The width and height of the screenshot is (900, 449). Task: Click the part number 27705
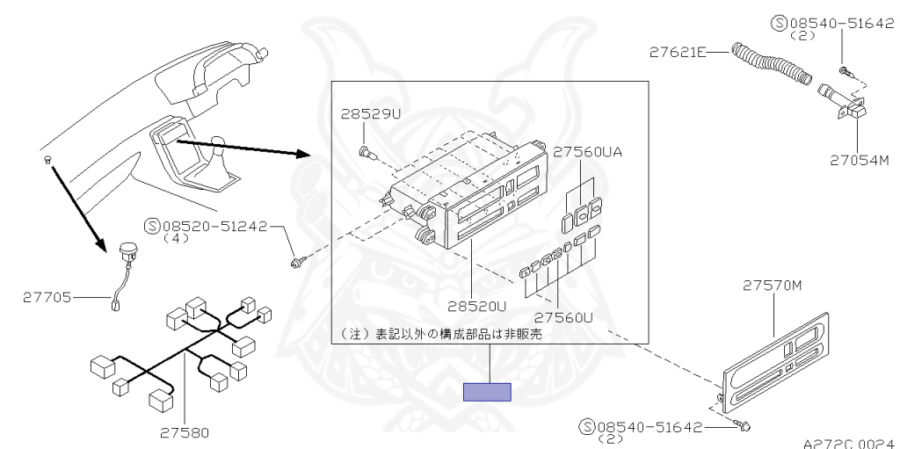(x=45, y=298)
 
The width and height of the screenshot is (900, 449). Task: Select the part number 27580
(x=185, y=431)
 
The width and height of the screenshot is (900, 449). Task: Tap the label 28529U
(x=370, y=115)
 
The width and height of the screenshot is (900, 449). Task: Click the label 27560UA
(x=585, y=151)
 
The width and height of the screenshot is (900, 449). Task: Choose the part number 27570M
(x=773, y=285)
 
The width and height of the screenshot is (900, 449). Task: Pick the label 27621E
(x=677, y=53)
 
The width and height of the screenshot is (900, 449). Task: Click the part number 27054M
(x=860, y=160)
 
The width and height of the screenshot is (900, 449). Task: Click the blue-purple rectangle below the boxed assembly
(x=488, y=392)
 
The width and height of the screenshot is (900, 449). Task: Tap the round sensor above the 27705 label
(x=127, y=249)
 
